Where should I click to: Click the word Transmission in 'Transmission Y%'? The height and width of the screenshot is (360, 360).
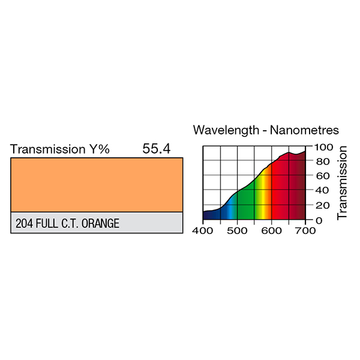[49, 149]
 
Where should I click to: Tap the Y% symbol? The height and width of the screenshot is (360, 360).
[100, 149]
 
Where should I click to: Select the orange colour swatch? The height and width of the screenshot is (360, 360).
[97, 184]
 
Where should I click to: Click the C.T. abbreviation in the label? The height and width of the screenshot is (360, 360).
[73, 224]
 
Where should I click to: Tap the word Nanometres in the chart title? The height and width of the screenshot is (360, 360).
[305, 130]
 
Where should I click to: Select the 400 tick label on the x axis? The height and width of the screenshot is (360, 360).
[203, 230]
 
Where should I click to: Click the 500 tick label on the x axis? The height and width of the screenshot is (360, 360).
[238, 230]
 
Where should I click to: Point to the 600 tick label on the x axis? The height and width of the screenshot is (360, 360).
[272, 230]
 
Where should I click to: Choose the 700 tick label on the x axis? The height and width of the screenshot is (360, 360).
[305, 230]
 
